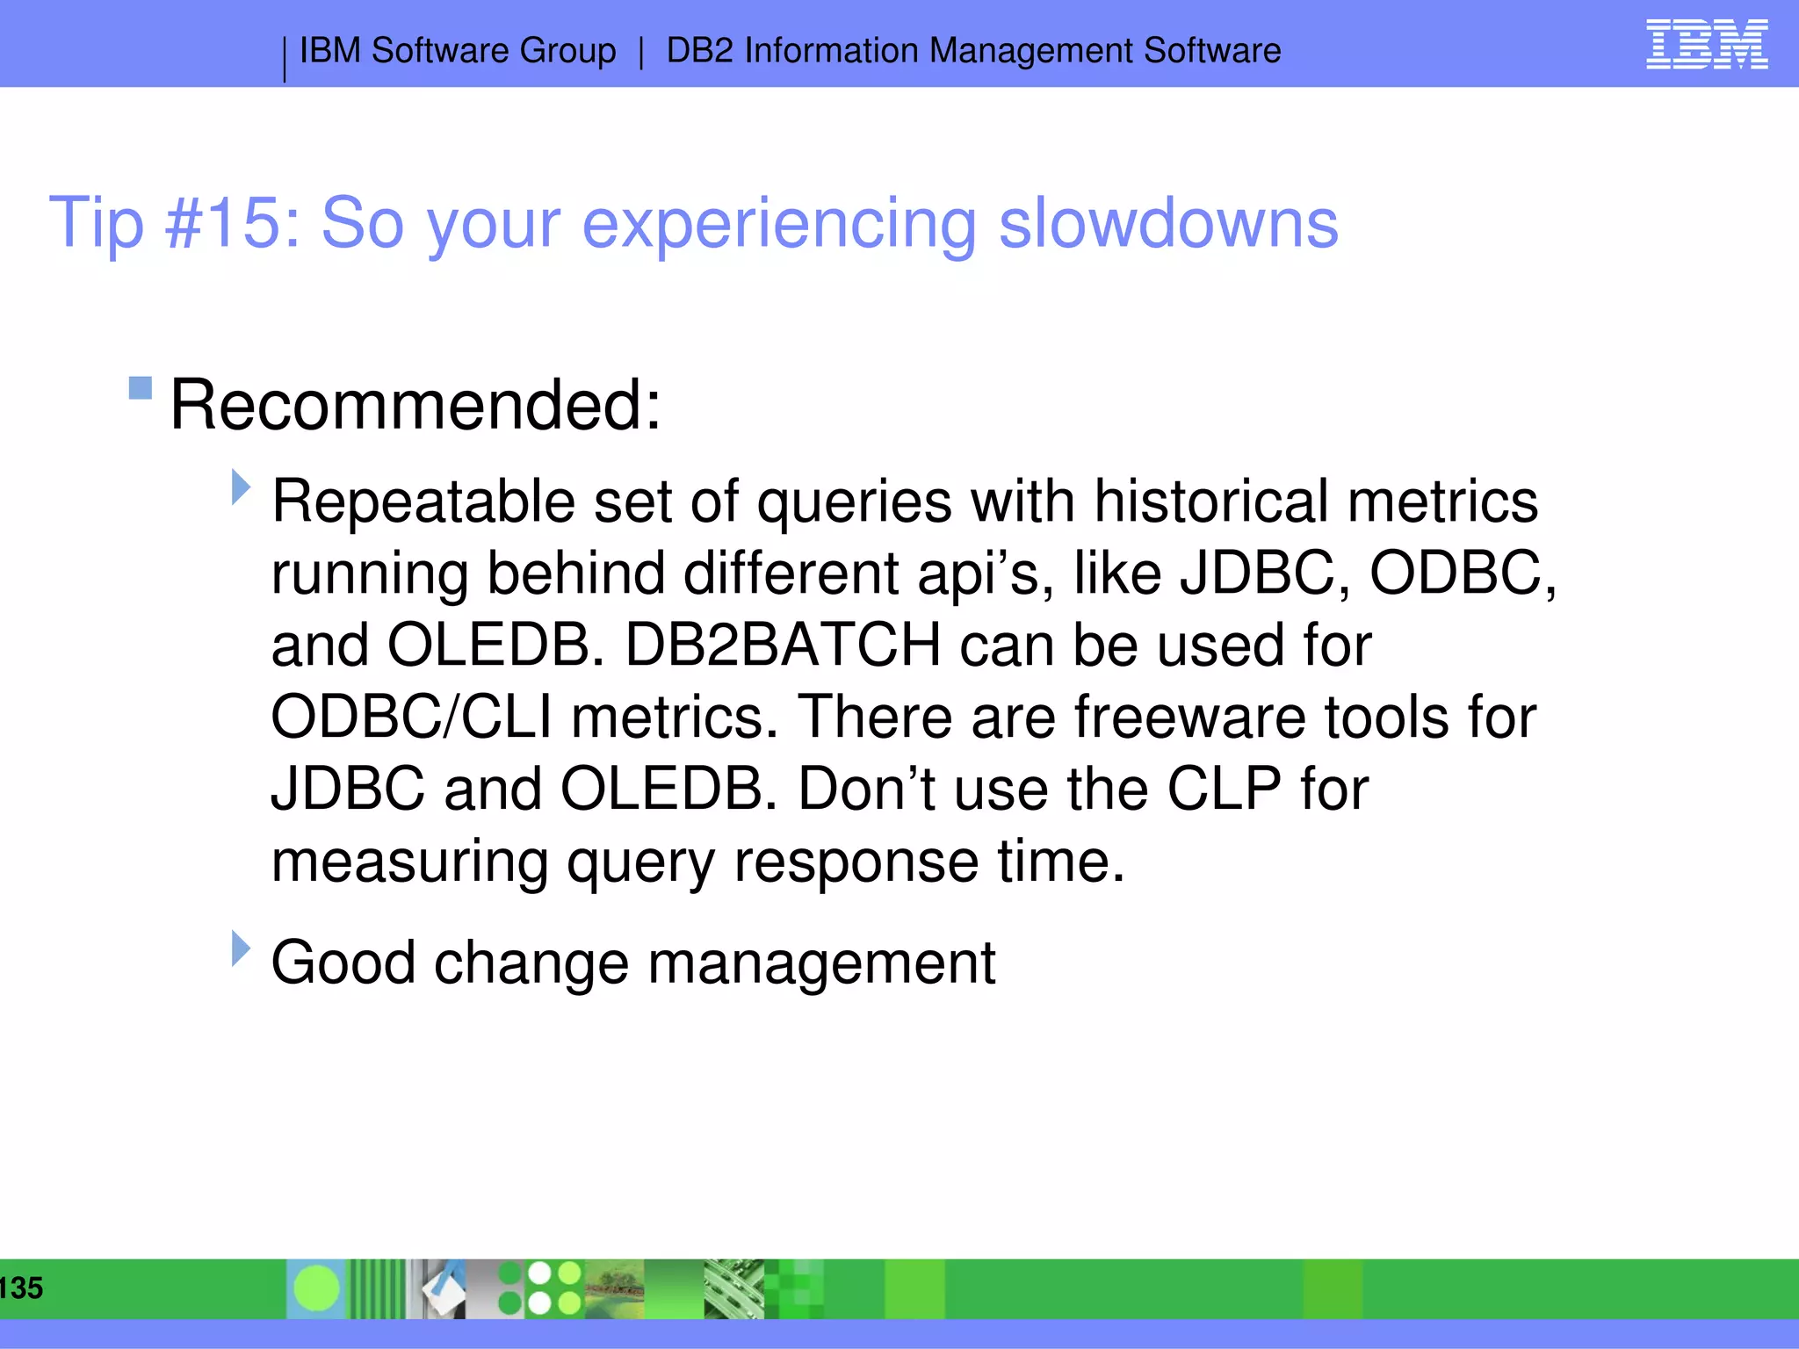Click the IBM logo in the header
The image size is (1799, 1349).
point(1706,45)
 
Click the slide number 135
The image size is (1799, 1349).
point(21,1288)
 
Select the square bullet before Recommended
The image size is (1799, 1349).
point(141,387)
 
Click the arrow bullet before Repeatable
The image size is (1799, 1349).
point(241,487)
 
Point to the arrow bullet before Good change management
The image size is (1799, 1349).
point(241,949)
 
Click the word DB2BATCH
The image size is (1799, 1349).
point(783,646)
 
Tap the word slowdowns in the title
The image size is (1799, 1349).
point(1168,223)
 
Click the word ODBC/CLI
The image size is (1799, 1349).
point(411,718)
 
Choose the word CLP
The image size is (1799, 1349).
point(1224,789)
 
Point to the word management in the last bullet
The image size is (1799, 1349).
point(821,963)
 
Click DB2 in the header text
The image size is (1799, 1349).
point(699,51)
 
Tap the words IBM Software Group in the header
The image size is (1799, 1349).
point(458,51)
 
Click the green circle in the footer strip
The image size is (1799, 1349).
point(316,1288)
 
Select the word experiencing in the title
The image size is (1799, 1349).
point(779,223)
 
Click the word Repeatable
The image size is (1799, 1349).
point(423,501)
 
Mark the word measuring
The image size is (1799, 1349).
point(409,862)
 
